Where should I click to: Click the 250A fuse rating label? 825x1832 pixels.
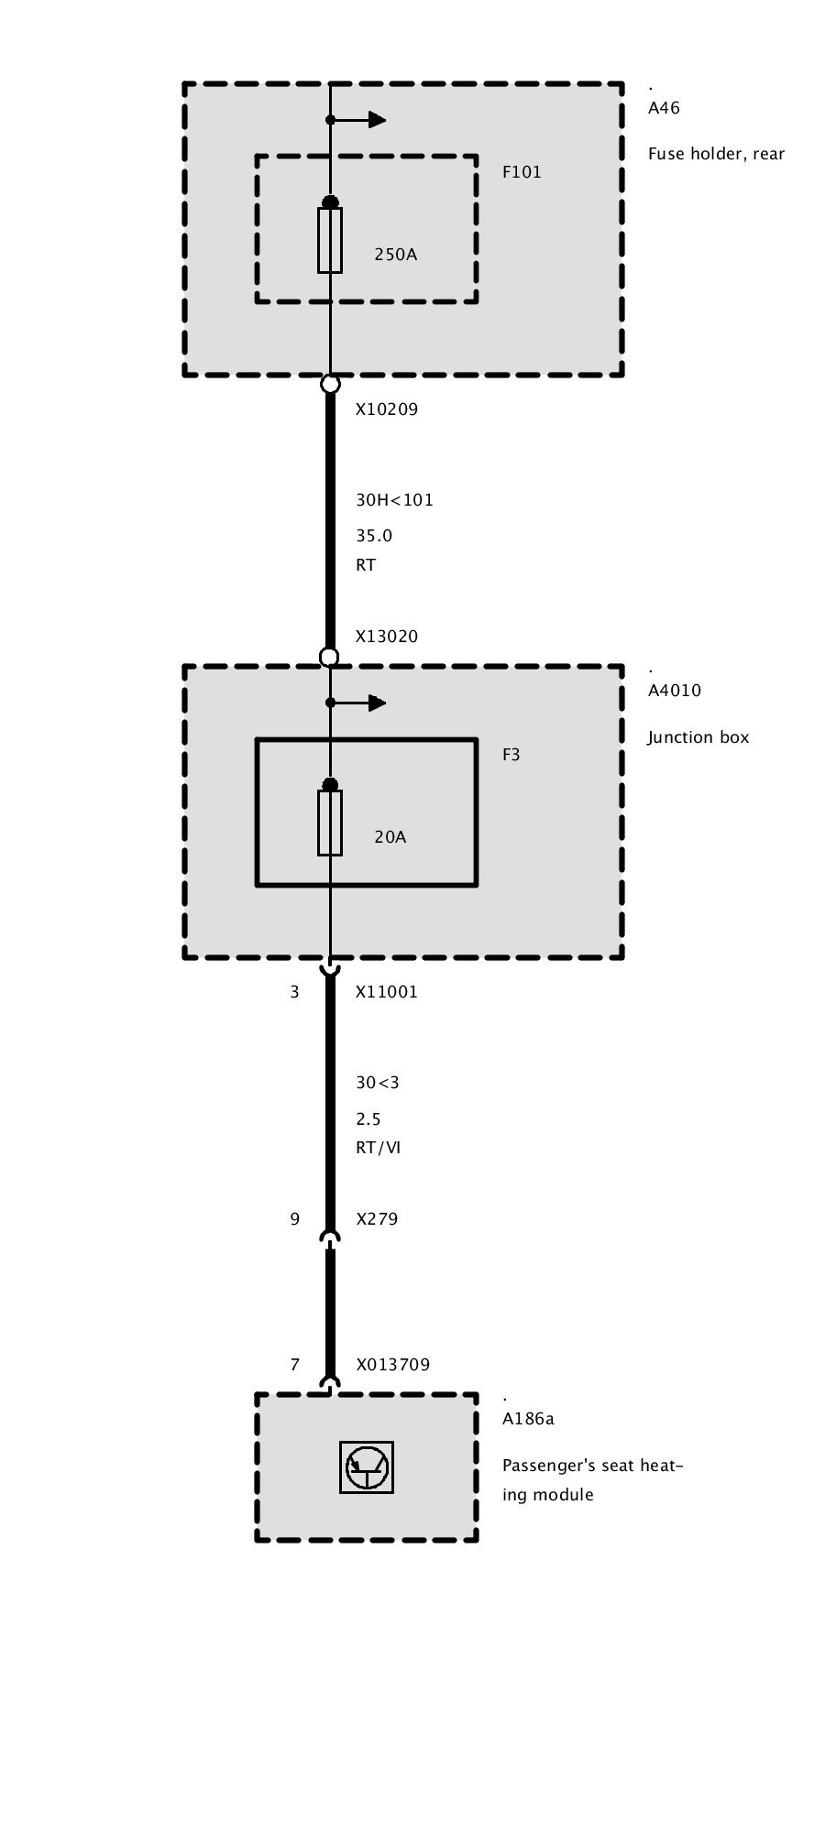(395, 255)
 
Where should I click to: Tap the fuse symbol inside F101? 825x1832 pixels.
(330, 240)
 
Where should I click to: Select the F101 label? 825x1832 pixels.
(522, 172)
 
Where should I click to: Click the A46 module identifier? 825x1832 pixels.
(664, 108)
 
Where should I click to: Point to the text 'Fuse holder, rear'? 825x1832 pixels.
(716, 154)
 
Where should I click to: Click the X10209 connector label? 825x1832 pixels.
(386, 409)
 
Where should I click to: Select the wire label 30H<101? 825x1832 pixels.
(394, 500)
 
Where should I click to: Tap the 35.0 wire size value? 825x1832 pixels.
(374, 536)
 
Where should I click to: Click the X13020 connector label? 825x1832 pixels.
(386, 637)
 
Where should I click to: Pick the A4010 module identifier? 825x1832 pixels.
(674, 691)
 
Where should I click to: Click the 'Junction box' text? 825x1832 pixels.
(698, 737)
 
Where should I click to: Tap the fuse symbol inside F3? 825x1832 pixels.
(330, 823)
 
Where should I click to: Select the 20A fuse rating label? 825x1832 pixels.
(390, 837)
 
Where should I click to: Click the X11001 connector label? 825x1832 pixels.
(386, 992)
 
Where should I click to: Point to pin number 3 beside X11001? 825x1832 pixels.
(294, 992)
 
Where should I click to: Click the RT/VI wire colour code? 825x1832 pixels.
(378, 1148)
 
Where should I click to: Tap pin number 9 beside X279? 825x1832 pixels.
(294, 1219)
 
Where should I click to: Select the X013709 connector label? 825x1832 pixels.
(392, 1365)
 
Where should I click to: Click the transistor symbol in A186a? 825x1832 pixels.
(367, 1467)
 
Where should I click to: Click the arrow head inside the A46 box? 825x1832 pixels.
(377, 120)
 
